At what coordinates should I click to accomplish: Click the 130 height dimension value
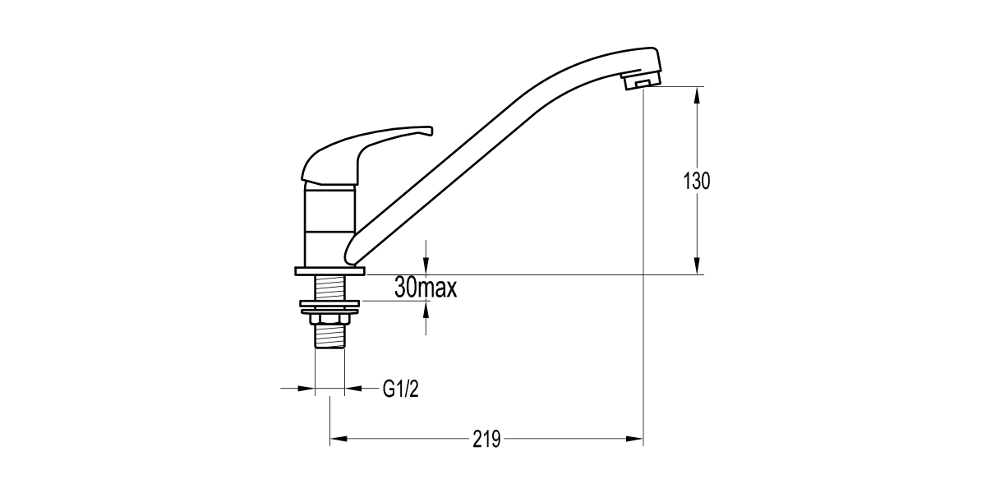tap(697, 181)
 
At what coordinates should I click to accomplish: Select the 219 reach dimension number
tap(486, 439)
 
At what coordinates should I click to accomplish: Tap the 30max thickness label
tap(425, 288)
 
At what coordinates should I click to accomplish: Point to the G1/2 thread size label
tap(401, 389)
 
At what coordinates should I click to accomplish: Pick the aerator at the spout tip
tap(642, 81)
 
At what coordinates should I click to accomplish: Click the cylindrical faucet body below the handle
tap(329, 222)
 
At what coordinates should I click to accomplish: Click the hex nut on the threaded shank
tap(329, 319)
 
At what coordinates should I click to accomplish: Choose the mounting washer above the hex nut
tap(329, 306)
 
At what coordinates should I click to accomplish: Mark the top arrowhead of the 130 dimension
tap(697, 93)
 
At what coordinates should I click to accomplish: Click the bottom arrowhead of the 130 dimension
tap(697, 267)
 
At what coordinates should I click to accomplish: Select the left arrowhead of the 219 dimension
tap(337, 439)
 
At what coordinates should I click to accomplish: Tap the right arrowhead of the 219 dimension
tap(636, 439)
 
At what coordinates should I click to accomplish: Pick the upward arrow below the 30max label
tap(426, 309)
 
